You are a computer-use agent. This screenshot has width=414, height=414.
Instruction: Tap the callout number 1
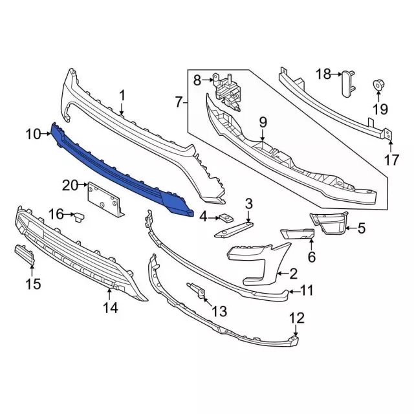pos(122,96)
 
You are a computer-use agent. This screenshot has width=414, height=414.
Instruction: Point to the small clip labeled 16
pos(80,215)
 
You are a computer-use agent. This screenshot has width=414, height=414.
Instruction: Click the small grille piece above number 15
pos(24,256)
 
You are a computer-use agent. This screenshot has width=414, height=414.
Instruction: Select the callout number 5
pos(361,227)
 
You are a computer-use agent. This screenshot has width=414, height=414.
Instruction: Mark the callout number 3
pos(248,205)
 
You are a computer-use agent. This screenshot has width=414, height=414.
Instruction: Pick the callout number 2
pos(292,273)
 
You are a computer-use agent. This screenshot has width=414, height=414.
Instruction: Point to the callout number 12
pos(296,318)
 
